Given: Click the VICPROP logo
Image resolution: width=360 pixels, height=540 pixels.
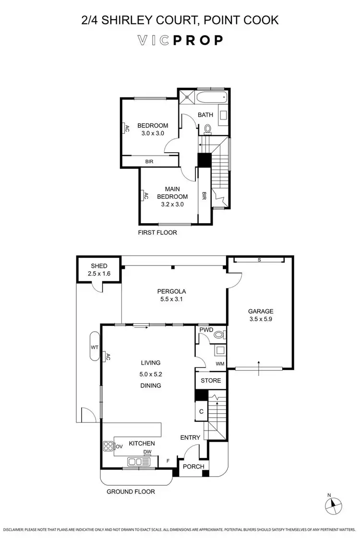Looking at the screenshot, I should point(180,40).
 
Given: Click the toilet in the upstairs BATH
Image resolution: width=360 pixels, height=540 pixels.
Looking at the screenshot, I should point(208,129).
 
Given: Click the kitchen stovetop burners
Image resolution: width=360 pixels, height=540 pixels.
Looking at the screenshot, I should point(108,446).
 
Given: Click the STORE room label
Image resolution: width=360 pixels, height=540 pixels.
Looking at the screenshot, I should point(211,381).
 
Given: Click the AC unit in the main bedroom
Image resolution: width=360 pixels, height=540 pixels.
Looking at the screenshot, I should point(143,196).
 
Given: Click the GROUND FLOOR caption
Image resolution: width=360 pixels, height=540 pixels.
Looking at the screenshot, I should point(131,492).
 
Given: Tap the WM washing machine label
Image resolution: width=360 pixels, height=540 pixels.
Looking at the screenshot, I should point(220,364).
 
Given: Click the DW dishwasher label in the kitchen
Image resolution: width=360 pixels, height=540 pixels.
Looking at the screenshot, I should point(147,452).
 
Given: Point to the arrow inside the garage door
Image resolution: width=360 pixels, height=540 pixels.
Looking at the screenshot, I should point(258,364).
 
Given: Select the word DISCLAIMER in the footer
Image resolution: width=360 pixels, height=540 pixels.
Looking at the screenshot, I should point(16,529).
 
